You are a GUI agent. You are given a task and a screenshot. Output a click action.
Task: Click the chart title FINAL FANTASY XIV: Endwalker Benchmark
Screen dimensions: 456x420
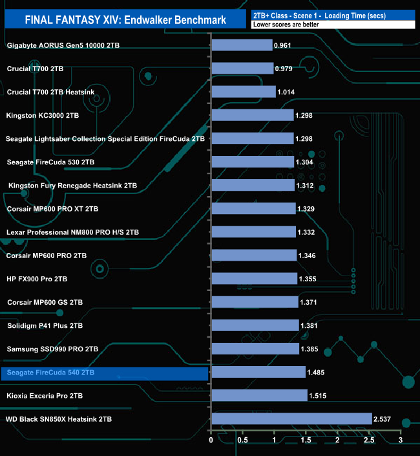click(x=125, y=20)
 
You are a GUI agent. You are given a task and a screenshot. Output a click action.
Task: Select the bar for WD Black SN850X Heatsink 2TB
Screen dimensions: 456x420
click(x=291, y=418)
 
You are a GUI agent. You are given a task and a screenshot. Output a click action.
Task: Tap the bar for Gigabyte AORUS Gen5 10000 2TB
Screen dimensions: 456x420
click(x=242, y=45)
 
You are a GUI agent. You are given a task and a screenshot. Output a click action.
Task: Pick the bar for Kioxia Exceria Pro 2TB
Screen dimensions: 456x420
click(x=259, y=395)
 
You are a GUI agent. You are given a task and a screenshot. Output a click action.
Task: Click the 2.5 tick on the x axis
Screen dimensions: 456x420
click(x=369, y=440)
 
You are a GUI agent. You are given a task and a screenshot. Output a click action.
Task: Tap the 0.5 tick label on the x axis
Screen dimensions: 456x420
click(x=242, y=440)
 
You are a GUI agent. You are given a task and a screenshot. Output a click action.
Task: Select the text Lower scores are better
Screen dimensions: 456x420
click(x=288, y=25)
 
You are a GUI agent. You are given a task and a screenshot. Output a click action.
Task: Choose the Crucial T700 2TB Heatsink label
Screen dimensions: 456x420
click(x=50, y=92)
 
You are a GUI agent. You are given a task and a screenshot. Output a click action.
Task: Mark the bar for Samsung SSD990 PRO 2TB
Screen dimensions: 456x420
click(x=255, y=349)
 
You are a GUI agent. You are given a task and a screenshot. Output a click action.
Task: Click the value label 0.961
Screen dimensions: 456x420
click(x=284, y=46)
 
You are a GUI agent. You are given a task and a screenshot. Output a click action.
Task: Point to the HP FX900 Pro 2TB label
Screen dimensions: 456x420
click(x=37, y=279)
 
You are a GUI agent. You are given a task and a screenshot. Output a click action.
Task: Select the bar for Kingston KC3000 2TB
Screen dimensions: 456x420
click(x=252, y=115)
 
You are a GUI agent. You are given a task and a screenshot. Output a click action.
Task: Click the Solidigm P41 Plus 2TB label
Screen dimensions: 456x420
click(x=45, y=325)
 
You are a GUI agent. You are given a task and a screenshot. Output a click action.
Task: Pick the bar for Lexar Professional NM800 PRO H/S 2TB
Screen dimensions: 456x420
click(x=253, y=232)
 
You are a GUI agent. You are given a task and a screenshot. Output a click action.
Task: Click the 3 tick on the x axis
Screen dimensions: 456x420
click(x=401, y=440)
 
